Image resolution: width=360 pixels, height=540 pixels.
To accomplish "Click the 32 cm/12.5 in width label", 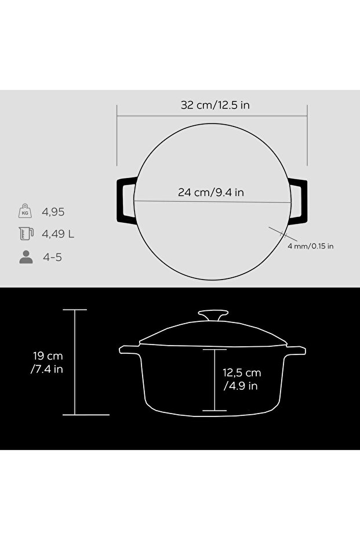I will coord(215,105).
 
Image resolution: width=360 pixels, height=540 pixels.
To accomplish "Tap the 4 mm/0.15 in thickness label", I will coord(311,246).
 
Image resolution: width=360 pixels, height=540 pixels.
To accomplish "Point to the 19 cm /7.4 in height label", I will coord(47,363).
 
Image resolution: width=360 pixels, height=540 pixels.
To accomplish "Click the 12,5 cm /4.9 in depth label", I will coord(242,379).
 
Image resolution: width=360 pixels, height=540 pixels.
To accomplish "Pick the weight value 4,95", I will coord(53,212).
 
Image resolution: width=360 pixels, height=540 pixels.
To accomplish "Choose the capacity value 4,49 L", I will coord(58,234).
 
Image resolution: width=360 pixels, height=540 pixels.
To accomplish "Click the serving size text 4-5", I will coord(52,257).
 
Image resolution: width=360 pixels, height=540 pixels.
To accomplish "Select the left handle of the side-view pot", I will coord(129,350).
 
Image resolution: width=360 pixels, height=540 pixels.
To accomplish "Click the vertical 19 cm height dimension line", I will coord(75,363).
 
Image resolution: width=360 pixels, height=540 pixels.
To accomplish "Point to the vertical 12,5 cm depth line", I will coord(215,380).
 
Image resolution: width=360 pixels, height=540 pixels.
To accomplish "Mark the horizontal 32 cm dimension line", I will coord(212,116).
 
